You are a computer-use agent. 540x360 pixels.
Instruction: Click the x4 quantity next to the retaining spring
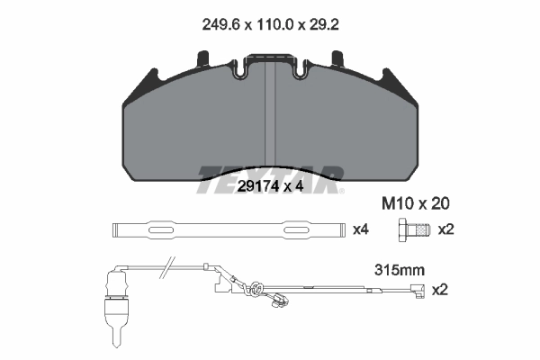tap(360, 229)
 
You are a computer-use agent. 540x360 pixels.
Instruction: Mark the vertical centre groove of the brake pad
tap(272, 112)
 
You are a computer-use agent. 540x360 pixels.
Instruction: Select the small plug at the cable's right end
tap(417, 290)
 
